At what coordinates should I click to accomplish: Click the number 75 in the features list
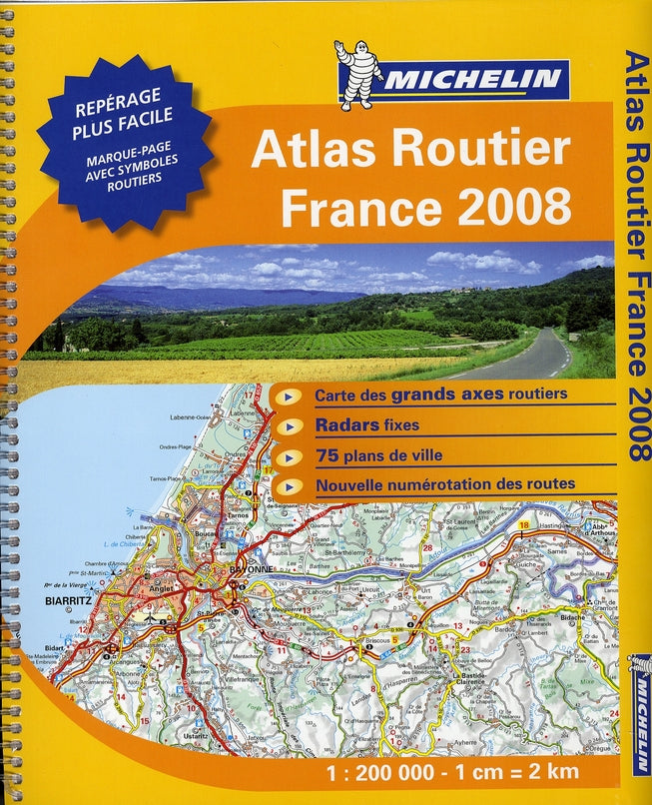327,456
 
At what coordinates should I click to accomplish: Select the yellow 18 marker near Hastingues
523,524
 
